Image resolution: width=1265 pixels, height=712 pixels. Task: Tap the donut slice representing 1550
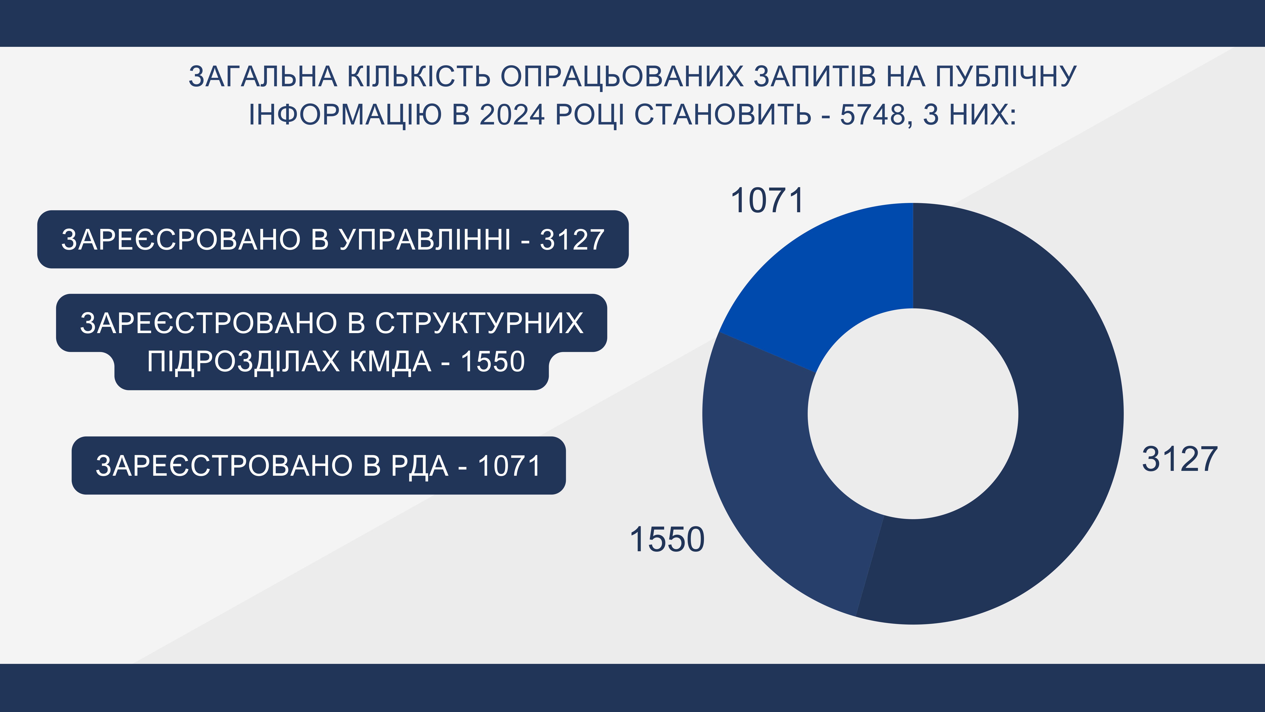tap(776, 482)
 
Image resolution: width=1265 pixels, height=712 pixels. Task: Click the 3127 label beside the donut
tap(1180, 459)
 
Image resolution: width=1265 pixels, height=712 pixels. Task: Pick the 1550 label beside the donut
tap(667, 539)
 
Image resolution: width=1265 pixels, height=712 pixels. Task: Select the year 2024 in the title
tap(512, 115)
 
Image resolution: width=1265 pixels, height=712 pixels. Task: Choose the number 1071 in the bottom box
tap(509, 466)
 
